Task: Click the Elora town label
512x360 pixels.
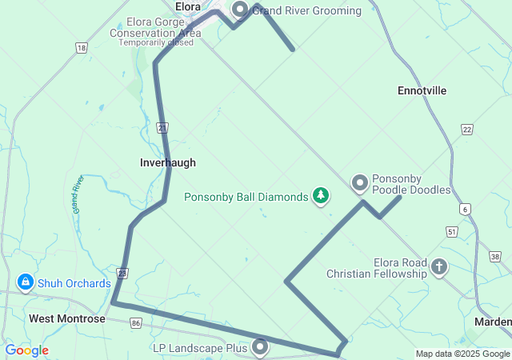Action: coord(187,6)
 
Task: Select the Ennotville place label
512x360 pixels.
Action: coord(422,91)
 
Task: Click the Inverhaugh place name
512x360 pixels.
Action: coord(168,162)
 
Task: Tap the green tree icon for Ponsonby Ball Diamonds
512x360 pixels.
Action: coord(321,195)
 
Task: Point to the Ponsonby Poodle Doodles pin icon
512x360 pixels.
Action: coord(360,184)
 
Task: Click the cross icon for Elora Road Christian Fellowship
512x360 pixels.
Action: coord(439,266)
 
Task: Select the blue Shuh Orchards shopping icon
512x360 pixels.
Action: coord(26,282)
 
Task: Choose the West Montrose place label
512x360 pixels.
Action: coord(67,318)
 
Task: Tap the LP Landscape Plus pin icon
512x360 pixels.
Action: coord(260,347)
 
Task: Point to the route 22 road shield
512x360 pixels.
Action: coord(467,129)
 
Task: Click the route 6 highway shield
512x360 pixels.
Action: coord(465,209)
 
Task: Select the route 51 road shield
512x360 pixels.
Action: coord(452,231)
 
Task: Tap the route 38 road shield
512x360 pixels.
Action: coord(496,257)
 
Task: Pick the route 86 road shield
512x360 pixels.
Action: coord(136,323)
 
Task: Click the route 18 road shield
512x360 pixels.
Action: coord(81,49)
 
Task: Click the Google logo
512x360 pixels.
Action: coord(27,350)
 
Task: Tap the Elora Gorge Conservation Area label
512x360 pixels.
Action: coord(155,33)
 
